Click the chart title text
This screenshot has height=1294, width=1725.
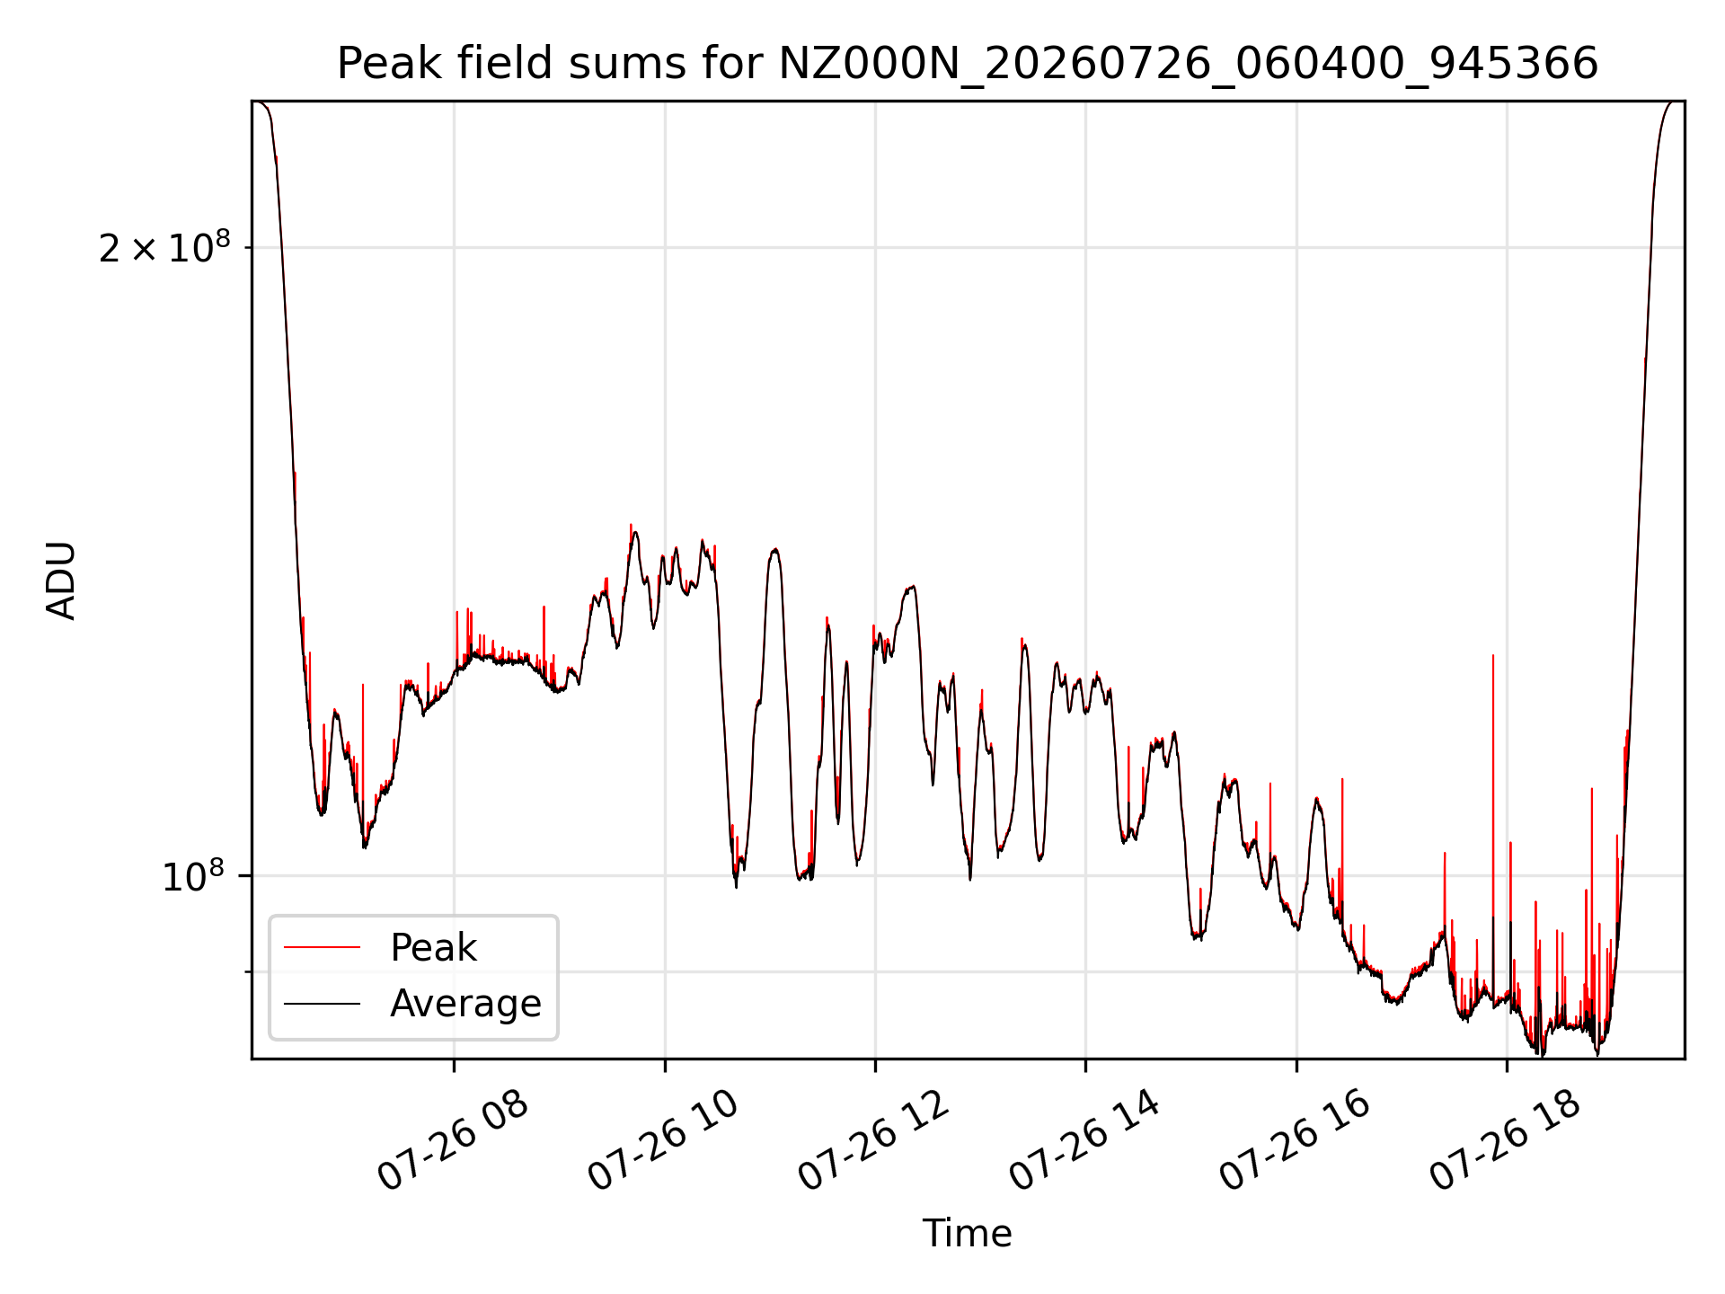pyautogui.click(x=968, y=64)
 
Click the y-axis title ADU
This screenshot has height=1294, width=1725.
pyautogui.click(x=61, y=580)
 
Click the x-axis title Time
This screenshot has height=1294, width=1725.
pyautogui.click(x=968, y=1233)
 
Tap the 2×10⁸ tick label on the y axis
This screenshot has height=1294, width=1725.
pyautogui.click(x=164, y=247)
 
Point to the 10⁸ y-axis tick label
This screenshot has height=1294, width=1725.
pyautogui.click(x=196, y=875)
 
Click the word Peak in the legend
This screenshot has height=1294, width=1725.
pyautogui.click(x=433, y=948)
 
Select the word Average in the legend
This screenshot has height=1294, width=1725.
pyautogui.click(x=465, y=1004)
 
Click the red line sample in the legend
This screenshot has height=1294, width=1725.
pyautogui.click(x=322, y=947)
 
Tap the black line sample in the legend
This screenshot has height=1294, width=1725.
pyautogui.click(x=322, y=1003)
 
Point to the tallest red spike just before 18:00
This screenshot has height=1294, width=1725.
pyautogui.click(x=1493, y=655)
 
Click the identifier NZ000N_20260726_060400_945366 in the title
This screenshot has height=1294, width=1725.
pyautogui.click(x=1189, y=65)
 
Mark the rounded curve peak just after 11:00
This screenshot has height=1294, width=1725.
pyautogui.click(x=774, y=549)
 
